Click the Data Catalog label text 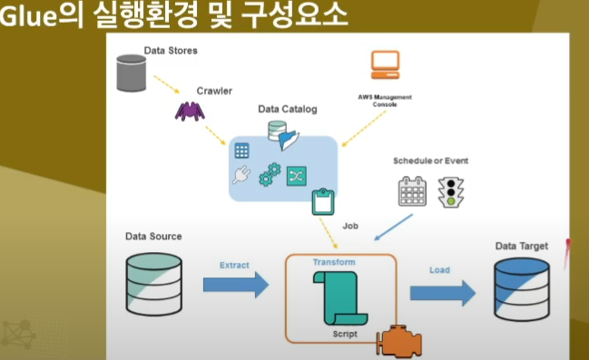pyautogui.click(x=288, y=110)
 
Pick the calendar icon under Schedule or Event pyautogui.click(x=412, y=191)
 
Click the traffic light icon pyautogui.click(x=451, y=191)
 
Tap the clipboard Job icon pyautogui.click(x=323, y=201)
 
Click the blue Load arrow pyautogui.click(x=443, y=291)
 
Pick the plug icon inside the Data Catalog pyautogui.click(x=241, y=176)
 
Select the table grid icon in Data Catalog pyautogui.click(x=242, y=151)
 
